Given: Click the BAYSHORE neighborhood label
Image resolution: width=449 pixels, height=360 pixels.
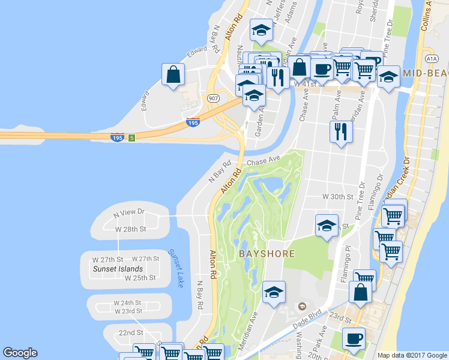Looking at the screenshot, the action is point(267,254).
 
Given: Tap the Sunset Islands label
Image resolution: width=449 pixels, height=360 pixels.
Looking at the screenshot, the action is point(118,269).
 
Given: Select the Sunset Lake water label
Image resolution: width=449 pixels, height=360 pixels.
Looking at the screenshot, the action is point(175,269).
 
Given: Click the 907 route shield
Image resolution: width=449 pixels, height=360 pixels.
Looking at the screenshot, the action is point(213,97).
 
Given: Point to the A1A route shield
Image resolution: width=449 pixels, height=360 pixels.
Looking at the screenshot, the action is point(432,58).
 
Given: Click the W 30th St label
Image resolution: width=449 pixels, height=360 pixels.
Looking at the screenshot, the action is point(337,197).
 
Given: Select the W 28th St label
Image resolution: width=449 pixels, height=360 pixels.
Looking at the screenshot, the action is point(131,229).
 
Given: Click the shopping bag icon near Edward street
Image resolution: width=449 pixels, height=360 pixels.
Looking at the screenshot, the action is point(173,75).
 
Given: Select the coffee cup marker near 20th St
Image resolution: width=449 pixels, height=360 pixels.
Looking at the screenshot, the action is point(353,338).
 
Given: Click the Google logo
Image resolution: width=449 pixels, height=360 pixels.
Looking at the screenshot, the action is point(20,353).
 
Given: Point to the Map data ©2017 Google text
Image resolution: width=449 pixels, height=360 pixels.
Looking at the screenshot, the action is point(412,355).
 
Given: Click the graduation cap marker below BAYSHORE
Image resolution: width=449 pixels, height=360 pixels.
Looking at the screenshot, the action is point(274,292).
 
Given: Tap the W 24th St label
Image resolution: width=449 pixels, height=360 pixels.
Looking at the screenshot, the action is point(128,303).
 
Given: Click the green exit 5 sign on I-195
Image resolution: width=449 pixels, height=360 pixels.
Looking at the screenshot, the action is point(131,137).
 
